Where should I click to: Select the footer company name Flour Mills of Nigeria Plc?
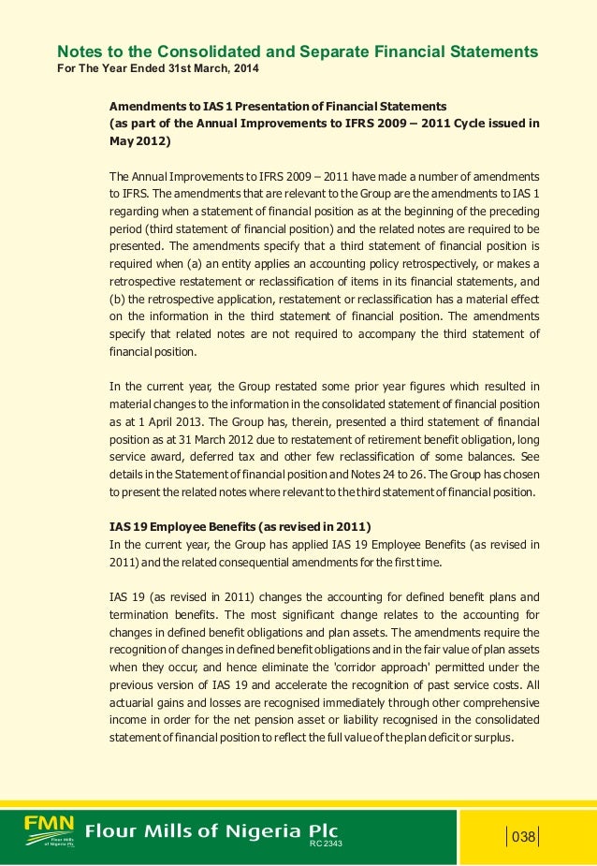[212, 831]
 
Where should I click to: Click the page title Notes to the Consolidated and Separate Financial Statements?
[298, 51]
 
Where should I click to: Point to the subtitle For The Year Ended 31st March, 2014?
[159, 70]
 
